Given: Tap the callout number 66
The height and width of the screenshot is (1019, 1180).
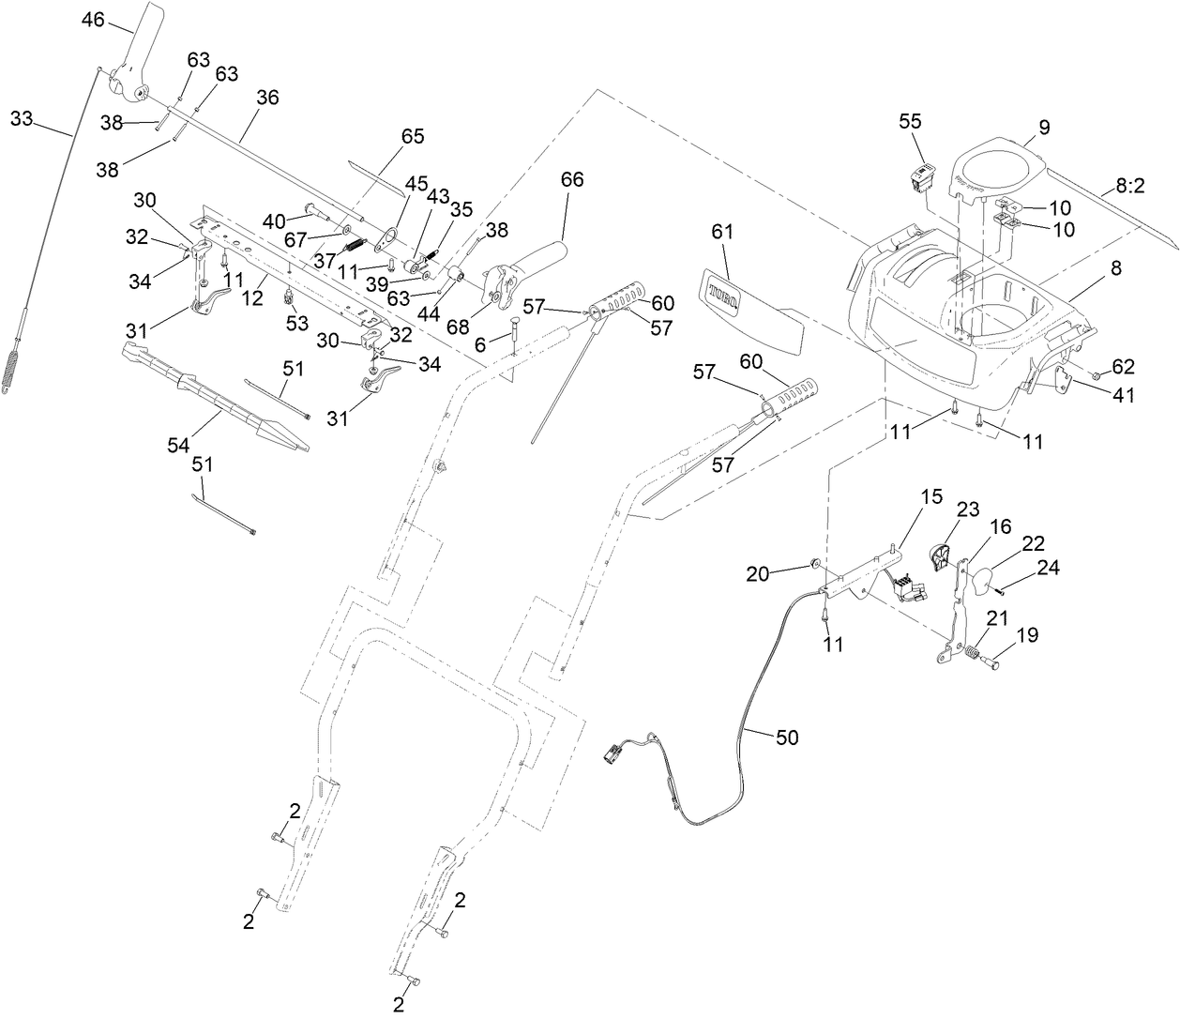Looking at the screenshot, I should coord(572,179).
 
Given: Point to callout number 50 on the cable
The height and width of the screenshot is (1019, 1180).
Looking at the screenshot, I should coord(787,738).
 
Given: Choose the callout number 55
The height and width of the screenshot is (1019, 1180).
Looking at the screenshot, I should coord(910,122).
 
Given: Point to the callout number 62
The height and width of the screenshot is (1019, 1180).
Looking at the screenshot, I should coord(1123,366).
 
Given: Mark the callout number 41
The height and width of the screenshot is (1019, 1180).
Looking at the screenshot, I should coord(1123,395).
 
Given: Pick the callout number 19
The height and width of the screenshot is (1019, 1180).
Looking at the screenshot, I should coord(1027,634).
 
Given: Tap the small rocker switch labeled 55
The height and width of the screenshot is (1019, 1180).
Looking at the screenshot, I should coord(920,175).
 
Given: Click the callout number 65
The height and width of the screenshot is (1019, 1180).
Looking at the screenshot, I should coord(413,136).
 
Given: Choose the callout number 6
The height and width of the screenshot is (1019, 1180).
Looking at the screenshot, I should coord(480,345).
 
